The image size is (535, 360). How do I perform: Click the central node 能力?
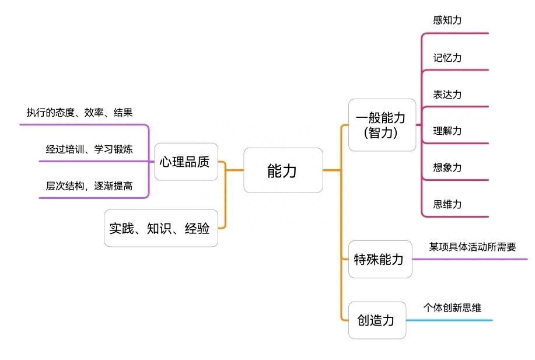coord(283,170)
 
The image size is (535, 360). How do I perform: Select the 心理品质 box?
coord(186,162)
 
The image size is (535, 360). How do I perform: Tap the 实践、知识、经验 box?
coord(160,228)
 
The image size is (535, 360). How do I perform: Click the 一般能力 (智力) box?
coord(382,125)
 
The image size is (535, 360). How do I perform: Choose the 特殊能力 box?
coord(379,259)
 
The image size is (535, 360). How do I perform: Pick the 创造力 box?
coord(376,320)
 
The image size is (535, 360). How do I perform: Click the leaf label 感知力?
coord(447,20)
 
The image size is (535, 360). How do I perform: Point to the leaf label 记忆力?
coord(447,58)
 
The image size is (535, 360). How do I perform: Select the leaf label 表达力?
coord(447,95)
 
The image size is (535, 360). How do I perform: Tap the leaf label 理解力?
coord(447,131)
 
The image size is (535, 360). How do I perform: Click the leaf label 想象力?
coord(447,167)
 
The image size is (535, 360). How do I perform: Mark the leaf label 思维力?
coord(447,204)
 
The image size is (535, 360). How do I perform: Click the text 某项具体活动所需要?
coord(473,247)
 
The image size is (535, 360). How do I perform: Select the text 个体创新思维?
coord(452,307)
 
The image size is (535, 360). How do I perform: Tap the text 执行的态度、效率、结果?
coord(79,113)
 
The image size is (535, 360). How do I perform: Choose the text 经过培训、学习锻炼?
coord(89,149)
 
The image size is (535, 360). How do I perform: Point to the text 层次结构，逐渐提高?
coord(89,186)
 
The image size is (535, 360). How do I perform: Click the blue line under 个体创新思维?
coord(449,320)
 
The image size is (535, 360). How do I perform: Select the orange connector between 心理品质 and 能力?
coord(234,170)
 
